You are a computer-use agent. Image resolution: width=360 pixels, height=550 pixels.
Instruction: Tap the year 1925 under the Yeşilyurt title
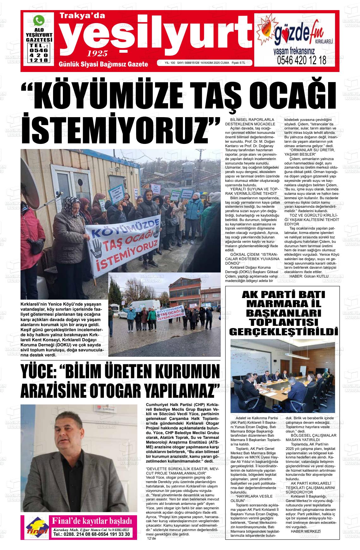pyautogui.click(x=97, y=53)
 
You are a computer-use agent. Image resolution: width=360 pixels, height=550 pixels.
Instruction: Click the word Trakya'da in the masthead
pyautogui.click(x=82, y=15)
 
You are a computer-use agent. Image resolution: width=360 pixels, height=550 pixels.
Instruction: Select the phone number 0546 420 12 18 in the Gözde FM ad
pyautogui.click(x=302, y=61)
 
